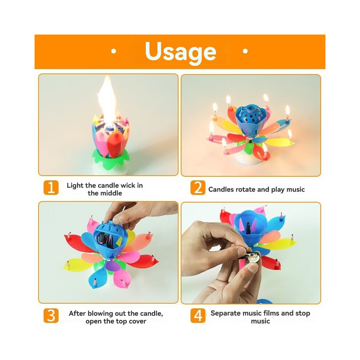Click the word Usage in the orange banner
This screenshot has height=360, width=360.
coord(181,52)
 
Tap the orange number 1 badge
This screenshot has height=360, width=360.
coord(51,188)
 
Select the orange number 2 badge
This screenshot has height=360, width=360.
coord(198,188)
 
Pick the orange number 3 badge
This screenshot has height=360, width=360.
coord(51,316)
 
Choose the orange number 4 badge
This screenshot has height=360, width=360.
coord(198,316)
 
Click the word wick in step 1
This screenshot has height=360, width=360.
coord(128,185)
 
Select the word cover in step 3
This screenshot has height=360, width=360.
coord(137,321)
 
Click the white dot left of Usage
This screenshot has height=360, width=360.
coord(113,51)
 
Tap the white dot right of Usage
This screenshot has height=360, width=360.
coord(245,51)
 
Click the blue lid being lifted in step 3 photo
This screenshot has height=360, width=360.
coord(110,229)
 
